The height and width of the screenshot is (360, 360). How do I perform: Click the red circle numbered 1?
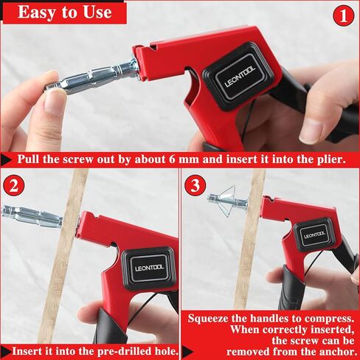tap(343, 15)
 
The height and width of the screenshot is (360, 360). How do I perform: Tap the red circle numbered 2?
tap(14, 185)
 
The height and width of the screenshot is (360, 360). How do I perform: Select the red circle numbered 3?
tap(195, 185)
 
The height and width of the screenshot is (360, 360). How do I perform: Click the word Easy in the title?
tap(36, 12)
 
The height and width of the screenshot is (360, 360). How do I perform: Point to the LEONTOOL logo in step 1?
tap(240, 77)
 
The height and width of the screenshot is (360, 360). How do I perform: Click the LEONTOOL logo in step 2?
tap(149, 268)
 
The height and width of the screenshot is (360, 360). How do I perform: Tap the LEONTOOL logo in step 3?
tap(314, 235)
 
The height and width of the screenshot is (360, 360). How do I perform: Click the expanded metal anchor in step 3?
tap(227, 201)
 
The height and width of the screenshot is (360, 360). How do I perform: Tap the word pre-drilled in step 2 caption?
tap(125, 351)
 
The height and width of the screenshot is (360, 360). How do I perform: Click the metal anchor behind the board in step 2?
tap(32, 215)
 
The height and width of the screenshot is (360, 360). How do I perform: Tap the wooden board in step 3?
tap(249, 238)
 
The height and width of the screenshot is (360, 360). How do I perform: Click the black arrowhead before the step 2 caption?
tap(6, 352)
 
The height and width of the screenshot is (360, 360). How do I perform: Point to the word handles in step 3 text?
tap(269, 319)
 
